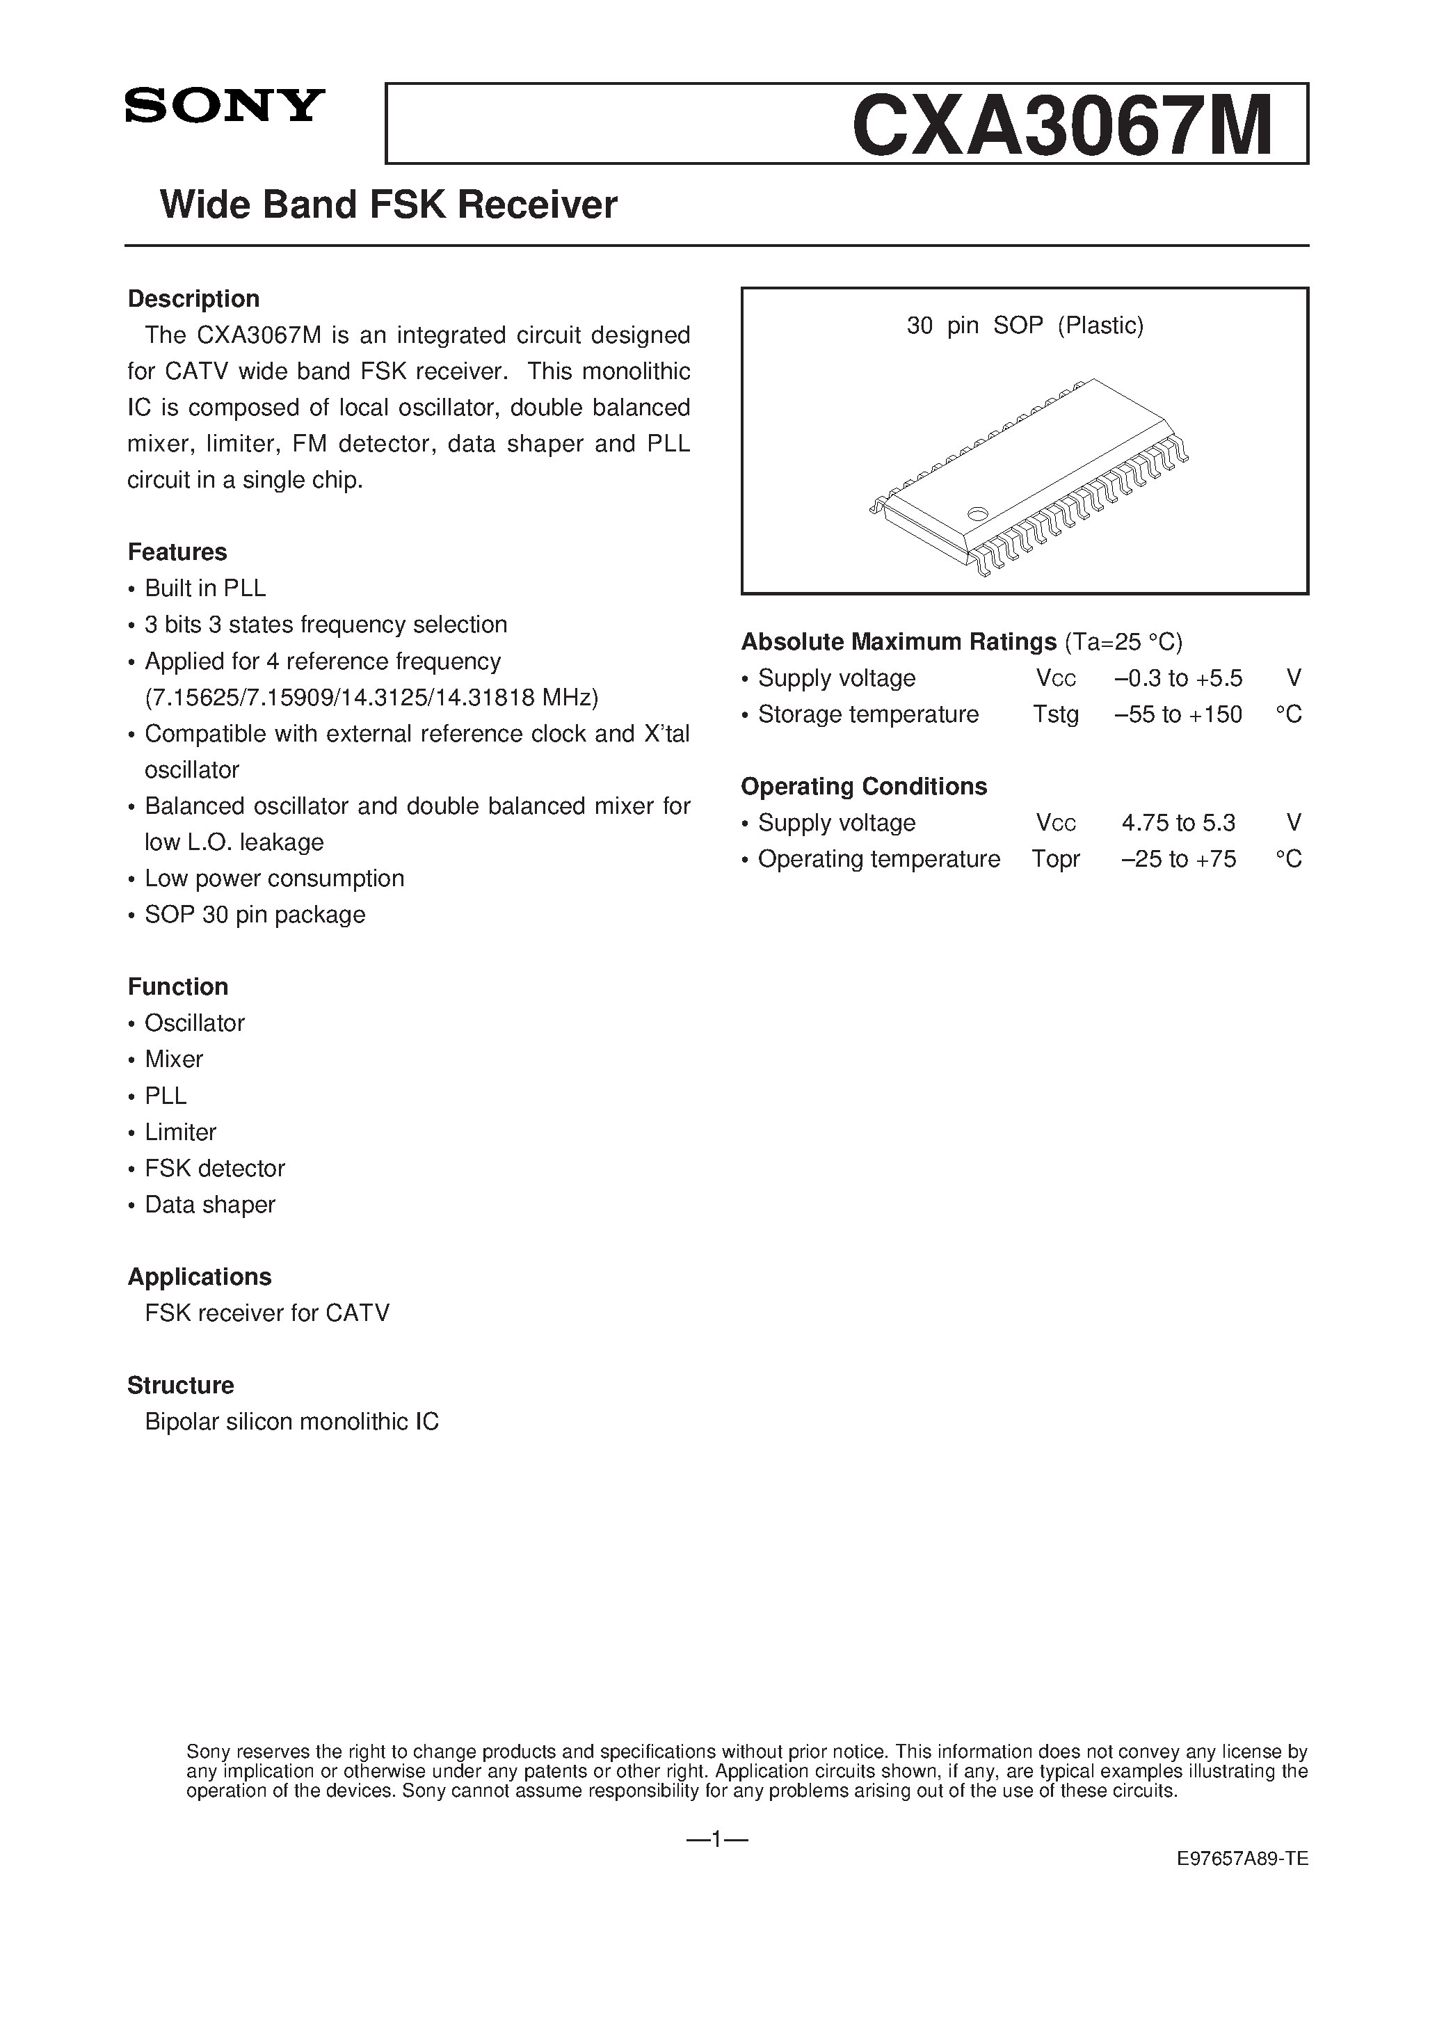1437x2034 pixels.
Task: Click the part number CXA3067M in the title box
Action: pyautogui.click(x=1061, y=126)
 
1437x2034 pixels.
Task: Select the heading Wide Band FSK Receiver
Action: pyautogui.click(x=388, y=205)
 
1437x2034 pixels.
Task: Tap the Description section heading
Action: pyautogui.click(x=193, y=298)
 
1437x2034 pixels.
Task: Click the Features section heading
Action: pyautogui.click(x=177, y=552)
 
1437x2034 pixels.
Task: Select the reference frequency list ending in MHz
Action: pyautogui.click(x=371, y=698)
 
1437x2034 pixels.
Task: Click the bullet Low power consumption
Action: pyautogui.click(x=274, y=878)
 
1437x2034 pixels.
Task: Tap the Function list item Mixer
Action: pyautogui.click(x=174, y=1059)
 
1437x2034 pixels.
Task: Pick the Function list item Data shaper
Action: pyautogui.click(x=210, y=1204)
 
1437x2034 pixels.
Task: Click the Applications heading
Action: pyautogui.click(x=200, y=1276)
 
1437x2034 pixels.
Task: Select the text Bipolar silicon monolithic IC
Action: pyautogui.click(x=291, y=1421)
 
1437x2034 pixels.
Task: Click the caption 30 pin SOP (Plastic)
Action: pyautogui.click(x=1025, y=326)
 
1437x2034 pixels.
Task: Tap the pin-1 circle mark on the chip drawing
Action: pyautogui.click(x=977, y=512)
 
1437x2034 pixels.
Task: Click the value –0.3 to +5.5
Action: pyautogui.click(x=1178, y=679)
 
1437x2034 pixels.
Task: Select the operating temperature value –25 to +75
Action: pyautogui.click(x=1178, y=858)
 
